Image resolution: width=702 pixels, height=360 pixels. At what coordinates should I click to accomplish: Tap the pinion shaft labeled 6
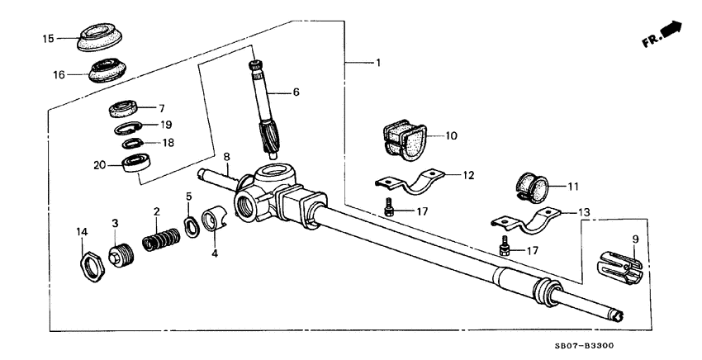tap(265, 107)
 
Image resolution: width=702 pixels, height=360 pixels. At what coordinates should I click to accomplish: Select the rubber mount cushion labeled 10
tap(404, 140)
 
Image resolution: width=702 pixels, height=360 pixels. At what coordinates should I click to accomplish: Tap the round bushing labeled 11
tap(534, 188)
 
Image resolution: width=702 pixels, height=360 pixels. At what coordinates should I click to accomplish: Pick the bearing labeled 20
tap(134, 163)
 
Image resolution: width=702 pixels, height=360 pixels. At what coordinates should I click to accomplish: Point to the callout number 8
tap(225, 155)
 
